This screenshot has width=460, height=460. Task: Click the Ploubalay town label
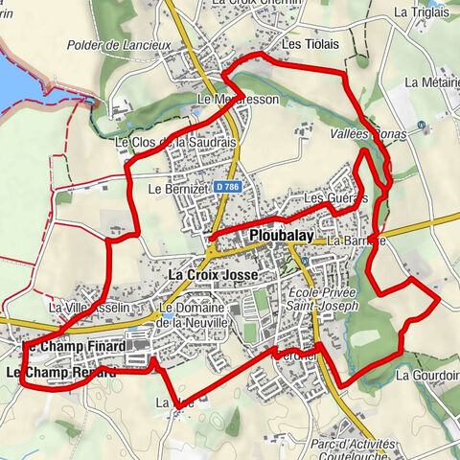click(x=282, y=235)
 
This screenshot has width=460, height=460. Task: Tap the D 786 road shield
click(x=227, y=187)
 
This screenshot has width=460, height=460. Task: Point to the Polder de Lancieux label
click(x=119, y=44)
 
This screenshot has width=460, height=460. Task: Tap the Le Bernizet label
click(x=178, y=190)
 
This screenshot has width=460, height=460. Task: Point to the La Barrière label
click(x=356, y=241)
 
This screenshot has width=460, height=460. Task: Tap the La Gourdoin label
click(x=427, y=376)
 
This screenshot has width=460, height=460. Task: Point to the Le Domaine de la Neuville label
click(x=196, y=316)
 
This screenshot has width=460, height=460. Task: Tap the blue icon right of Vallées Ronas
click(x=422, y=126)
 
